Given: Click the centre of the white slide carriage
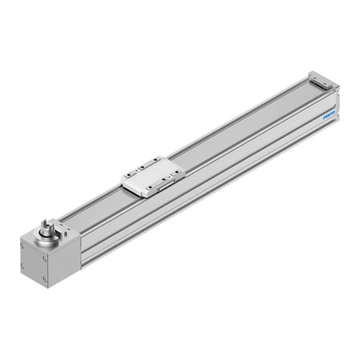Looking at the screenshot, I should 152,174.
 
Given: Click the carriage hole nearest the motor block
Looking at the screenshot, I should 130,178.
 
